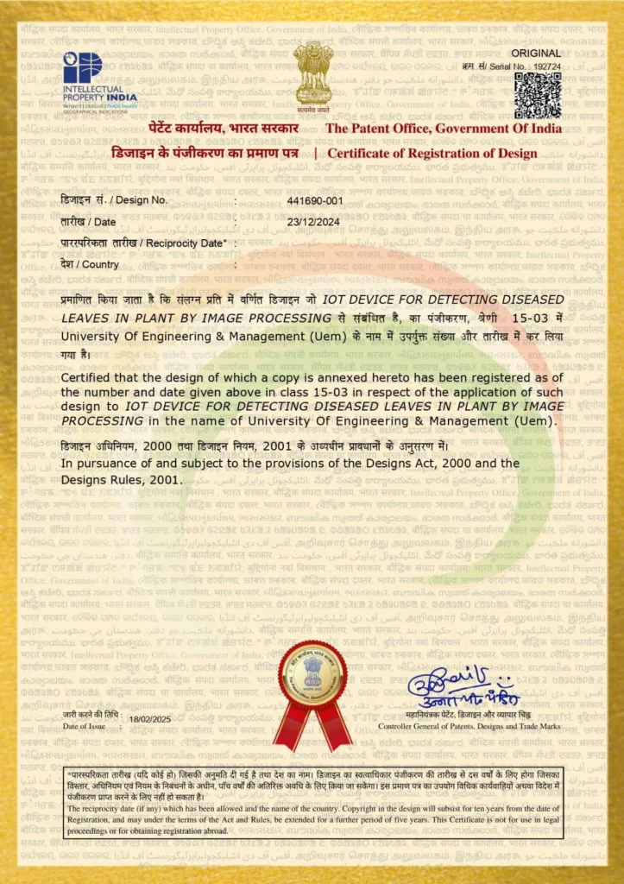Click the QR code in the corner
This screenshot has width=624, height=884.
click(538, 94)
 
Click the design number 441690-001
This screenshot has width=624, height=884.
click(315, 199)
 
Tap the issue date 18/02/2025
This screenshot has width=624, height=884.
click(151, 719)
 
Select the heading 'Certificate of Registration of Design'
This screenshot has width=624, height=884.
click(432, 154)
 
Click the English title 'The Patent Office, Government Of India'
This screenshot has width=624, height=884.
click(443, 129)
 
